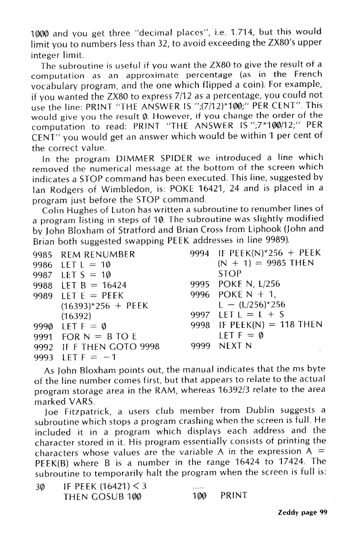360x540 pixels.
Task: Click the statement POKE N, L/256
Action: pyautogui.click(x=247, y=297)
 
